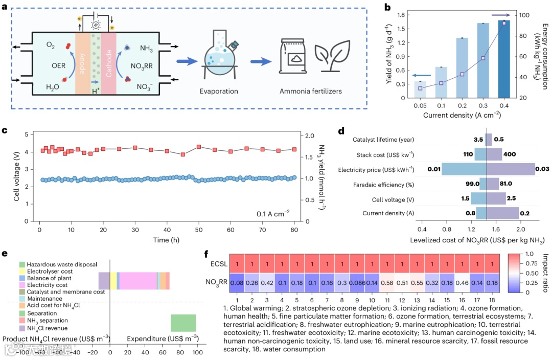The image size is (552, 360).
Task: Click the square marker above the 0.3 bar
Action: pos(483,58)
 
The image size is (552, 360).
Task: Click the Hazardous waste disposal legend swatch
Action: pos(22,264)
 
